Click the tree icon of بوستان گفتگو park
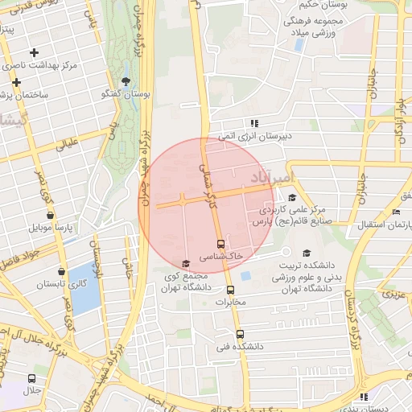(x=126, y=81)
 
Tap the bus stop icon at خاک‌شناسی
(x=220, y=243)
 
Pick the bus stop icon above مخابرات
(x=231, y=290)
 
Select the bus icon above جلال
(x=31, y=378)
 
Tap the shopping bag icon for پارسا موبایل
(x=51, y=216)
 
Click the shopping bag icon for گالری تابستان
(x=62, y=271)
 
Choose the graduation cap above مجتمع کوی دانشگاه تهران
(x=186, y=263)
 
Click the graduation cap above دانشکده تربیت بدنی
(x=306, y=253)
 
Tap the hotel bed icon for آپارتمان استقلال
(x=395, y=212)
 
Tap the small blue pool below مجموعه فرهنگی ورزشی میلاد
(x=299, y=45)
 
